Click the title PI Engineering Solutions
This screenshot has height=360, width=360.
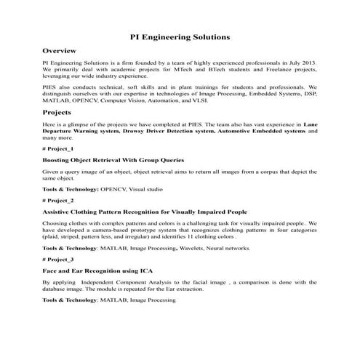tap(180, 36)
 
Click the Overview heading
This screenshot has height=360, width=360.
tap(60, 52)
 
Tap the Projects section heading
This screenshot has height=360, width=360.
tap(57, 113)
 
